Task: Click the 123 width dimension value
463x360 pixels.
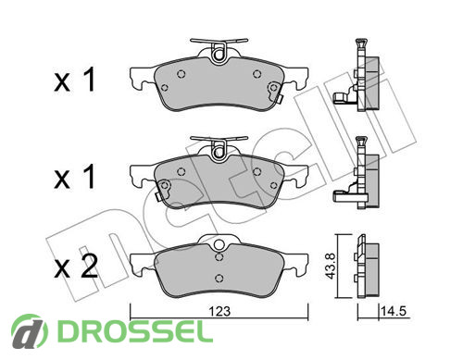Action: pyautogui.click(x=219, y=311)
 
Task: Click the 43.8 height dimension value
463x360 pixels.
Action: pyautogui.click(x=331, y=267)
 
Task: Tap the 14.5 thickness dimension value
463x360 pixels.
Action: pyautogui.click(x=394, y=311)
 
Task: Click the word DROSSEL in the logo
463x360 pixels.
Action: pyautogui.click(x=135, y=331)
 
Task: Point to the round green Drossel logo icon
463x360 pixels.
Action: pyautogui.click(x=30, y=331)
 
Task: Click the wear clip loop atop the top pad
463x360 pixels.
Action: pyautogui.click(x=219, y=53)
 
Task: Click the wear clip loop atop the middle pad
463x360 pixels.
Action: pyautogui.click(x=219, y=150)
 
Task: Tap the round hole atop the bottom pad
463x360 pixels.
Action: pyautogui.click(x=219, y=244)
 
